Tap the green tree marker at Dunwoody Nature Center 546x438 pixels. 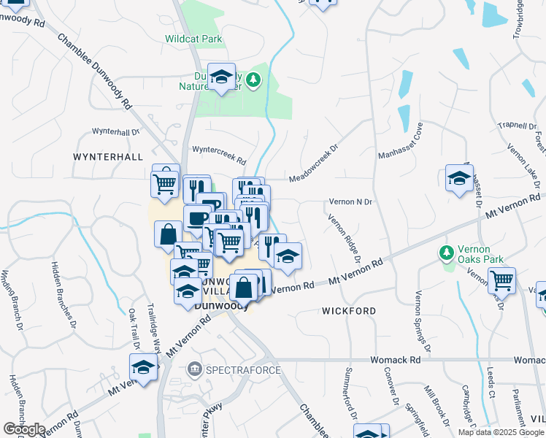[x=253, y=79]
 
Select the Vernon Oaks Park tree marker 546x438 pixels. [x=447, y=253]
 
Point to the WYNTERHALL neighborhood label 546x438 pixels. [x=107, y=157]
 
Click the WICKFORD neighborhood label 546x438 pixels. [x=349, y=311]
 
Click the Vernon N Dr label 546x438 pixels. [x=351, y=201]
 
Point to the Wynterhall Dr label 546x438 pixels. [x=115, y=132]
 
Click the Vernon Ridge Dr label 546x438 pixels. [x=345, y=238]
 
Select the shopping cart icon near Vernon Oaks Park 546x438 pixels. [x=501, y=280]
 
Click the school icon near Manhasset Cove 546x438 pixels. [x=459, y=178]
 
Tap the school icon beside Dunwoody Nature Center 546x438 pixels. [x=221, y=77]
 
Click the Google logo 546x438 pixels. [x=24, y=429]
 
